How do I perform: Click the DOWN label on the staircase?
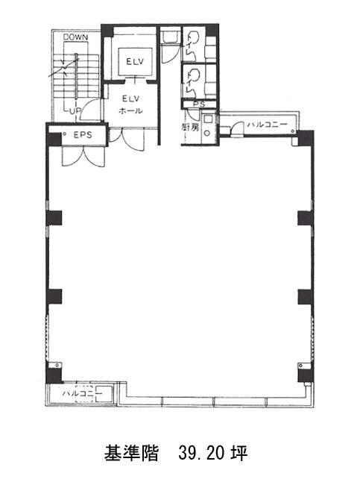(75, 37)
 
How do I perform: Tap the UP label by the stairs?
(75, 111)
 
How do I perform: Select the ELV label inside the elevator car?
(135, 61)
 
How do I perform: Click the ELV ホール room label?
(130, 104)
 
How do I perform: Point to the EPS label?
(83, 135)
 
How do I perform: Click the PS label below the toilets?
(199, 104)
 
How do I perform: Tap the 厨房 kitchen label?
(190, 128)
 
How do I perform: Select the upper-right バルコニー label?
(268, 125)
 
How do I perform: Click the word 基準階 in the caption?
(131, 454)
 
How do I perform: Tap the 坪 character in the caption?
(239, 454)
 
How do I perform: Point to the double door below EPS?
(83, 157)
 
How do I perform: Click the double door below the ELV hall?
(126, 140)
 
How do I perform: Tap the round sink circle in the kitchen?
(207, 133)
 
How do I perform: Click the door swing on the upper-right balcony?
(237, 128)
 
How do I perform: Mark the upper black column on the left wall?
(54, 218)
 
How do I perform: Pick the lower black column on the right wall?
(305, 297)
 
